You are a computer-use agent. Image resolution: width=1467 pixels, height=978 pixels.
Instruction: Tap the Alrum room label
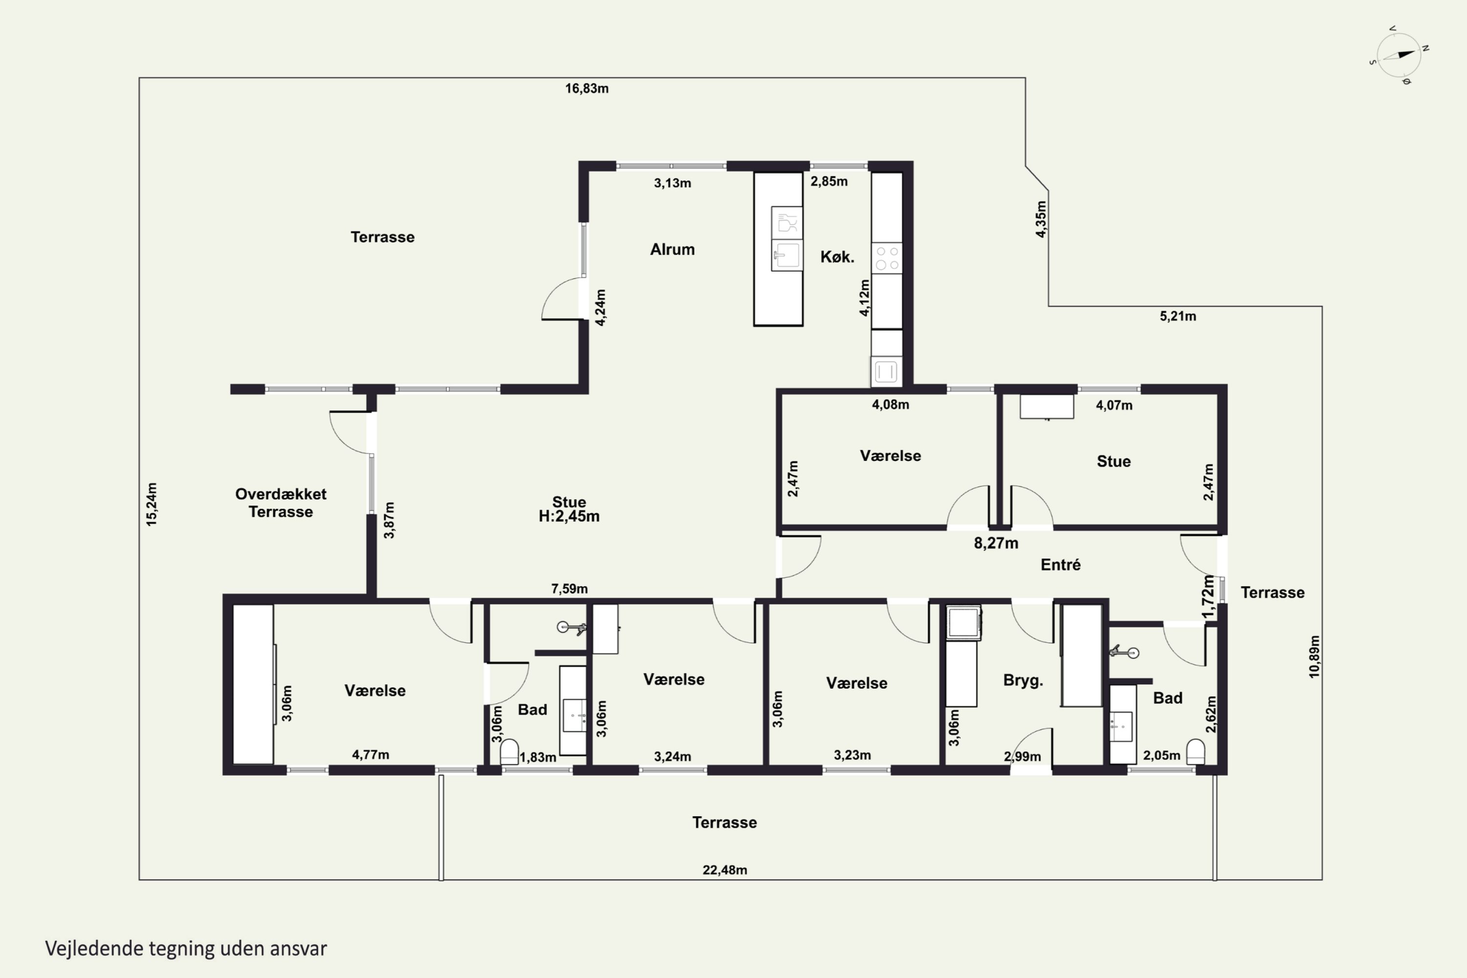(672, 249)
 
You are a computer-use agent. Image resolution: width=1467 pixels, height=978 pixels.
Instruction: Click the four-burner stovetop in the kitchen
(886, 258)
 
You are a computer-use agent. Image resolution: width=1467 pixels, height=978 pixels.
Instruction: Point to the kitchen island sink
(786, 255)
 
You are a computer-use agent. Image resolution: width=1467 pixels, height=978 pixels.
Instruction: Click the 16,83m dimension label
(587, 89)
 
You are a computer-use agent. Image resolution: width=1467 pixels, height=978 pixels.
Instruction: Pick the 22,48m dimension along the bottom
(725, 869)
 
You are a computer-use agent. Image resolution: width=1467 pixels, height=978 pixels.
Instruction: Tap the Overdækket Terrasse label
(281, 503)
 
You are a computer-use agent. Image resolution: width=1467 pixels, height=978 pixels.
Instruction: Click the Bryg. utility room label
(1023, 681)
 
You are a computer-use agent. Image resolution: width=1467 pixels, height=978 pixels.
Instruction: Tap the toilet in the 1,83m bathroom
(510, 752)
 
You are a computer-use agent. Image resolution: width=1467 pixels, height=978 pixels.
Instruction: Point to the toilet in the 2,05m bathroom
(1195, 752)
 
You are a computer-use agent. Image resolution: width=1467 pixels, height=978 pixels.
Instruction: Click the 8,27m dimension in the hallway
(996, 543)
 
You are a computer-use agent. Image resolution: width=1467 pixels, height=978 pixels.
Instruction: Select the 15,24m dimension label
(152, 504)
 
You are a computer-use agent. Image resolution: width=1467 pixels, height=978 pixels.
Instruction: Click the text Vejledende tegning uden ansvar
(186, 949)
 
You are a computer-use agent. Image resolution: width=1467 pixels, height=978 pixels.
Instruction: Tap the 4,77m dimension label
(371, 755)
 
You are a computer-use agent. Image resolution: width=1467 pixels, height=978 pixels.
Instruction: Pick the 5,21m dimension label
(1178, 316)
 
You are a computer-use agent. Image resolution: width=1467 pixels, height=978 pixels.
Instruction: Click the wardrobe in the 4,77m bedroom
(253, 684)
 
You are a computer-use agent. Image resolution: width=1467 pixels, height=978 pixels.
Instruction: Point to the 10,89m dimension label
(1314, 657)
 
